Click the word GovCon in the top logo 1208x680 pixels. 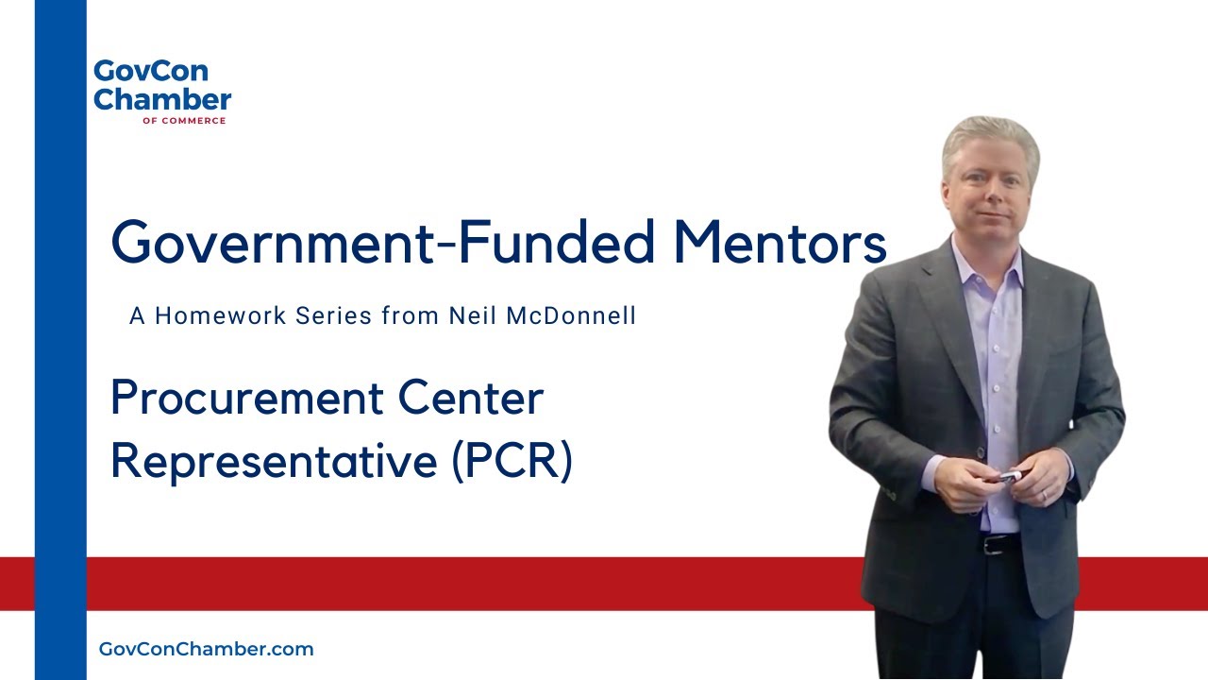(x=138, y=73)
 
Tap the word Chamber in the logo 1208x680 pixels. (x=162, y=99)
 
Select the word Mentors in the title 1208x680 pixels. (x=780, y=242)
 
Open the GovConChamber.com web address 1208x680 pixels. (x=206, y=650)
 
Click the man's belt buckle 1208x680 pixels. (x=991, y=545)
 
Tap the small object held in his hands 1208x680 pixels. (x=1008, y=477)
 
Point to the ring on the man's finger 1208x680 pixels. (x=1044, y=495)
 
